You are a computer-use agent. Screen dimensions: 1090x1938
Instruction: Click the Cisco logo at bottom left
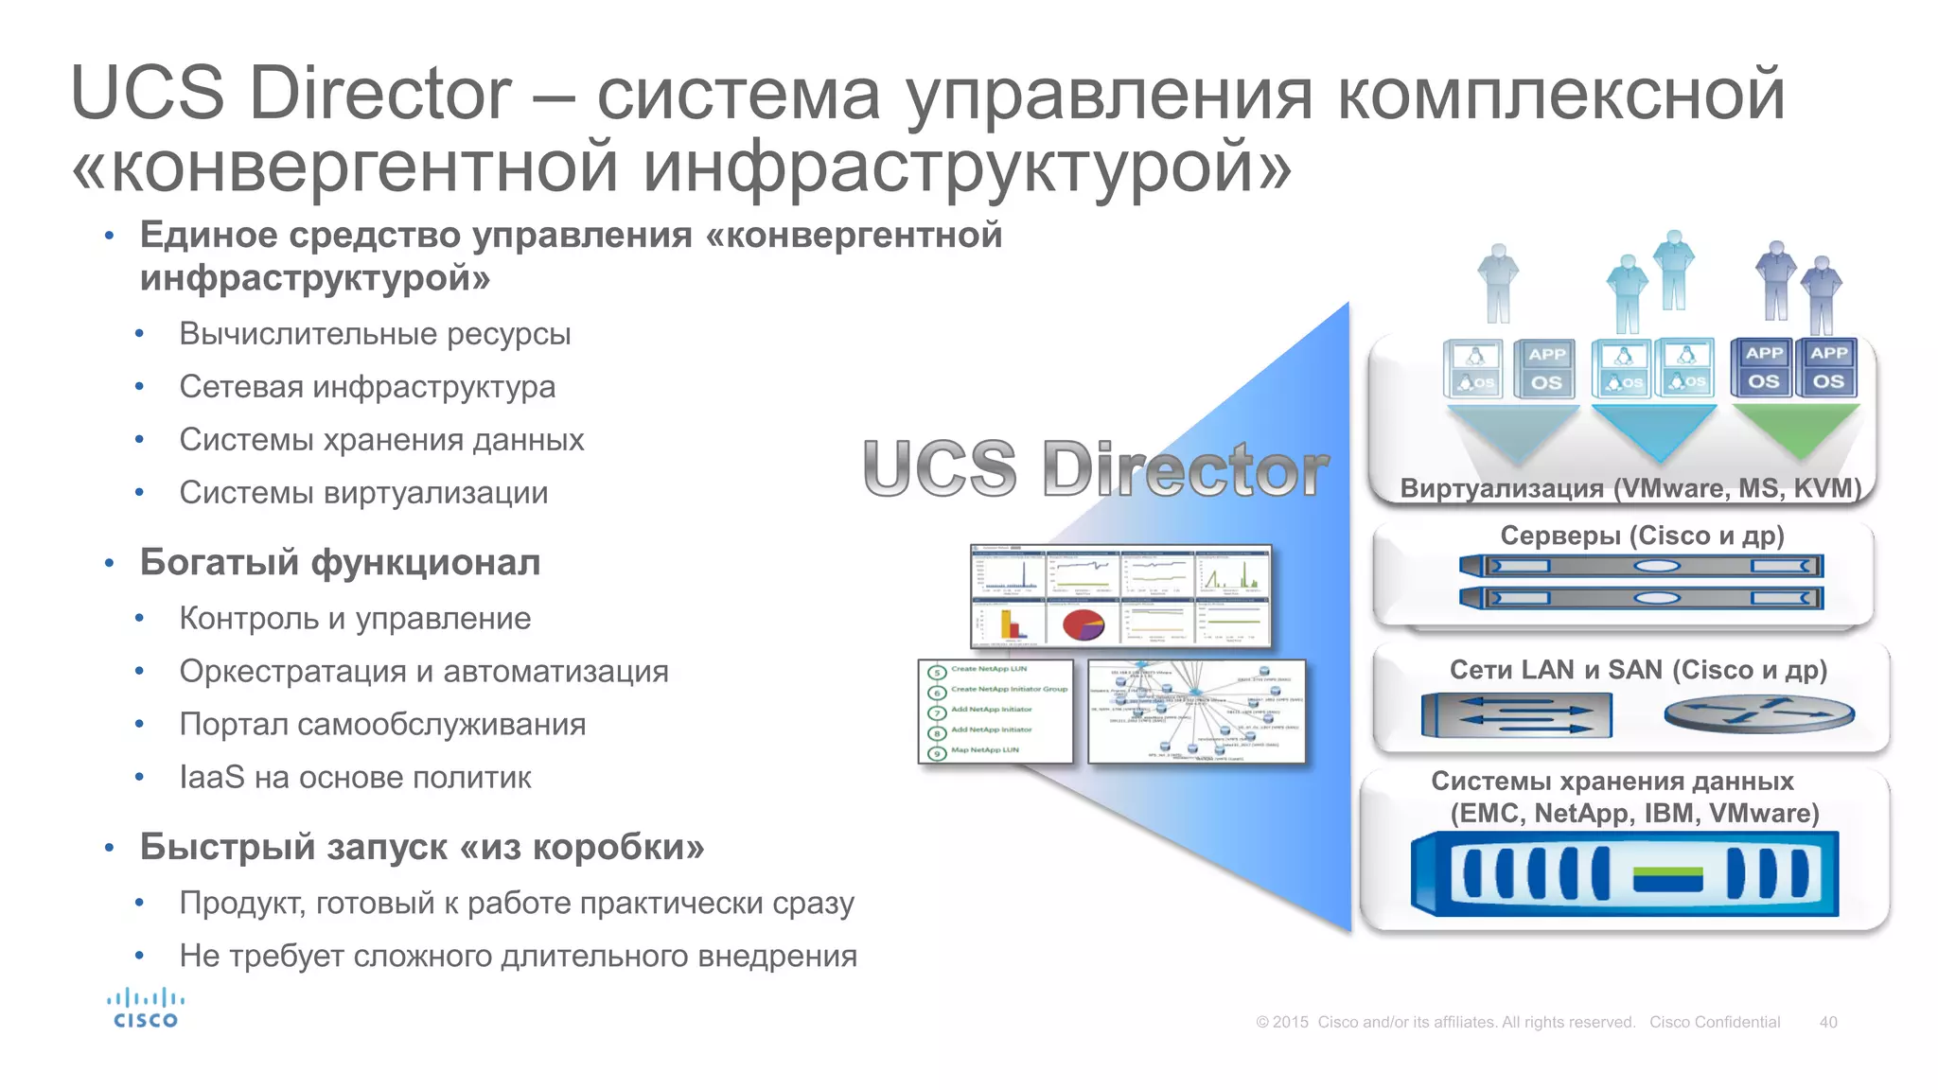point(145,1009)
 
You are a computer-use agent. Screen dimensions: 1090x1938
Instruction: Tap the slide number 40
point(1827,1022)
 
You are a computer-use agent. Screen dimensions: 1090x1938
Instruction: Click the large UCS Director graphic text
point(1095,468)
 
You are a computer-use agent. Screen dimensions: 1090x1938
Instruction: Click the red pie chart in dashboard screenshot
point(1084,624)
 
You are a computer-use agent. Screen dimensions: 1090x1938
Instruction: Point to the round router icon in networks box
point(1759,714)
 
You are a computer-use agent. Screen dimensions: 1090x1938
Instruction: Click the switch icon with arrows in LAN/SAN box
point(1516,715)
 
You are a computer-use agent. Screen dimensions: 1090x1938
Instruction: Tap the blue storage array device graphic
point(1624,874)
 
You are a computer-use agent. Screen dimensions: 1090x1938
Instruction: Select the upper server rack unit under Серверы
point(1641,567)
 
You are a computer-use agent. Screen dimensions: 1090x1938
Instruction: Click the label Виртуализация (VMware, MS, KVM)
point(1630,488)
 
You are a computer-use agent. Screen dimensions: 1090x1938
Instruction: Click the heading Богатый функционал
point(340,562)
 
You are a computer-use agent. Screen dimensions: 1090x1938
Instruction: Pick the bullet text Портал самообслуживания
point(382,724)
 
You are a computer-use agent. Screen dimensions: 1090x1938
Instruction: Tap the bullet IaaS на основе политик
point(355,777)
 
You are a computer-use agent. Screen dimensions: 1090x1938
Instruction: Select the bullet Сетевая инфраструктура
point(367,387)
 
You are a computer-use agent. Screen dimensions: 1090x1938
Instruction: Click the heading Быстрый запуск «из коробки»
point(422,847)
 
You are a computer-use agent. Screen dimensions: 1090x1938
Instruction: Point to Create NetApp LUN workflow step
point(988,669)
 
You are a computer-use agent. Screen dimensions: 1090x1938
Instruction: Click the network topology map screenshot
point(1196,712)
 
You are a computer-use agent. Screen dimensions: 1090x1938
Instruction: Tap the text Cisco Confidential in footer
point(1714,1022)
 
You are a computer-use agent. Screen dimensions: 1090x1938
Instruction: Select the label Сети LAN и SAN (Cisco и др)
point(1638,670)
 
